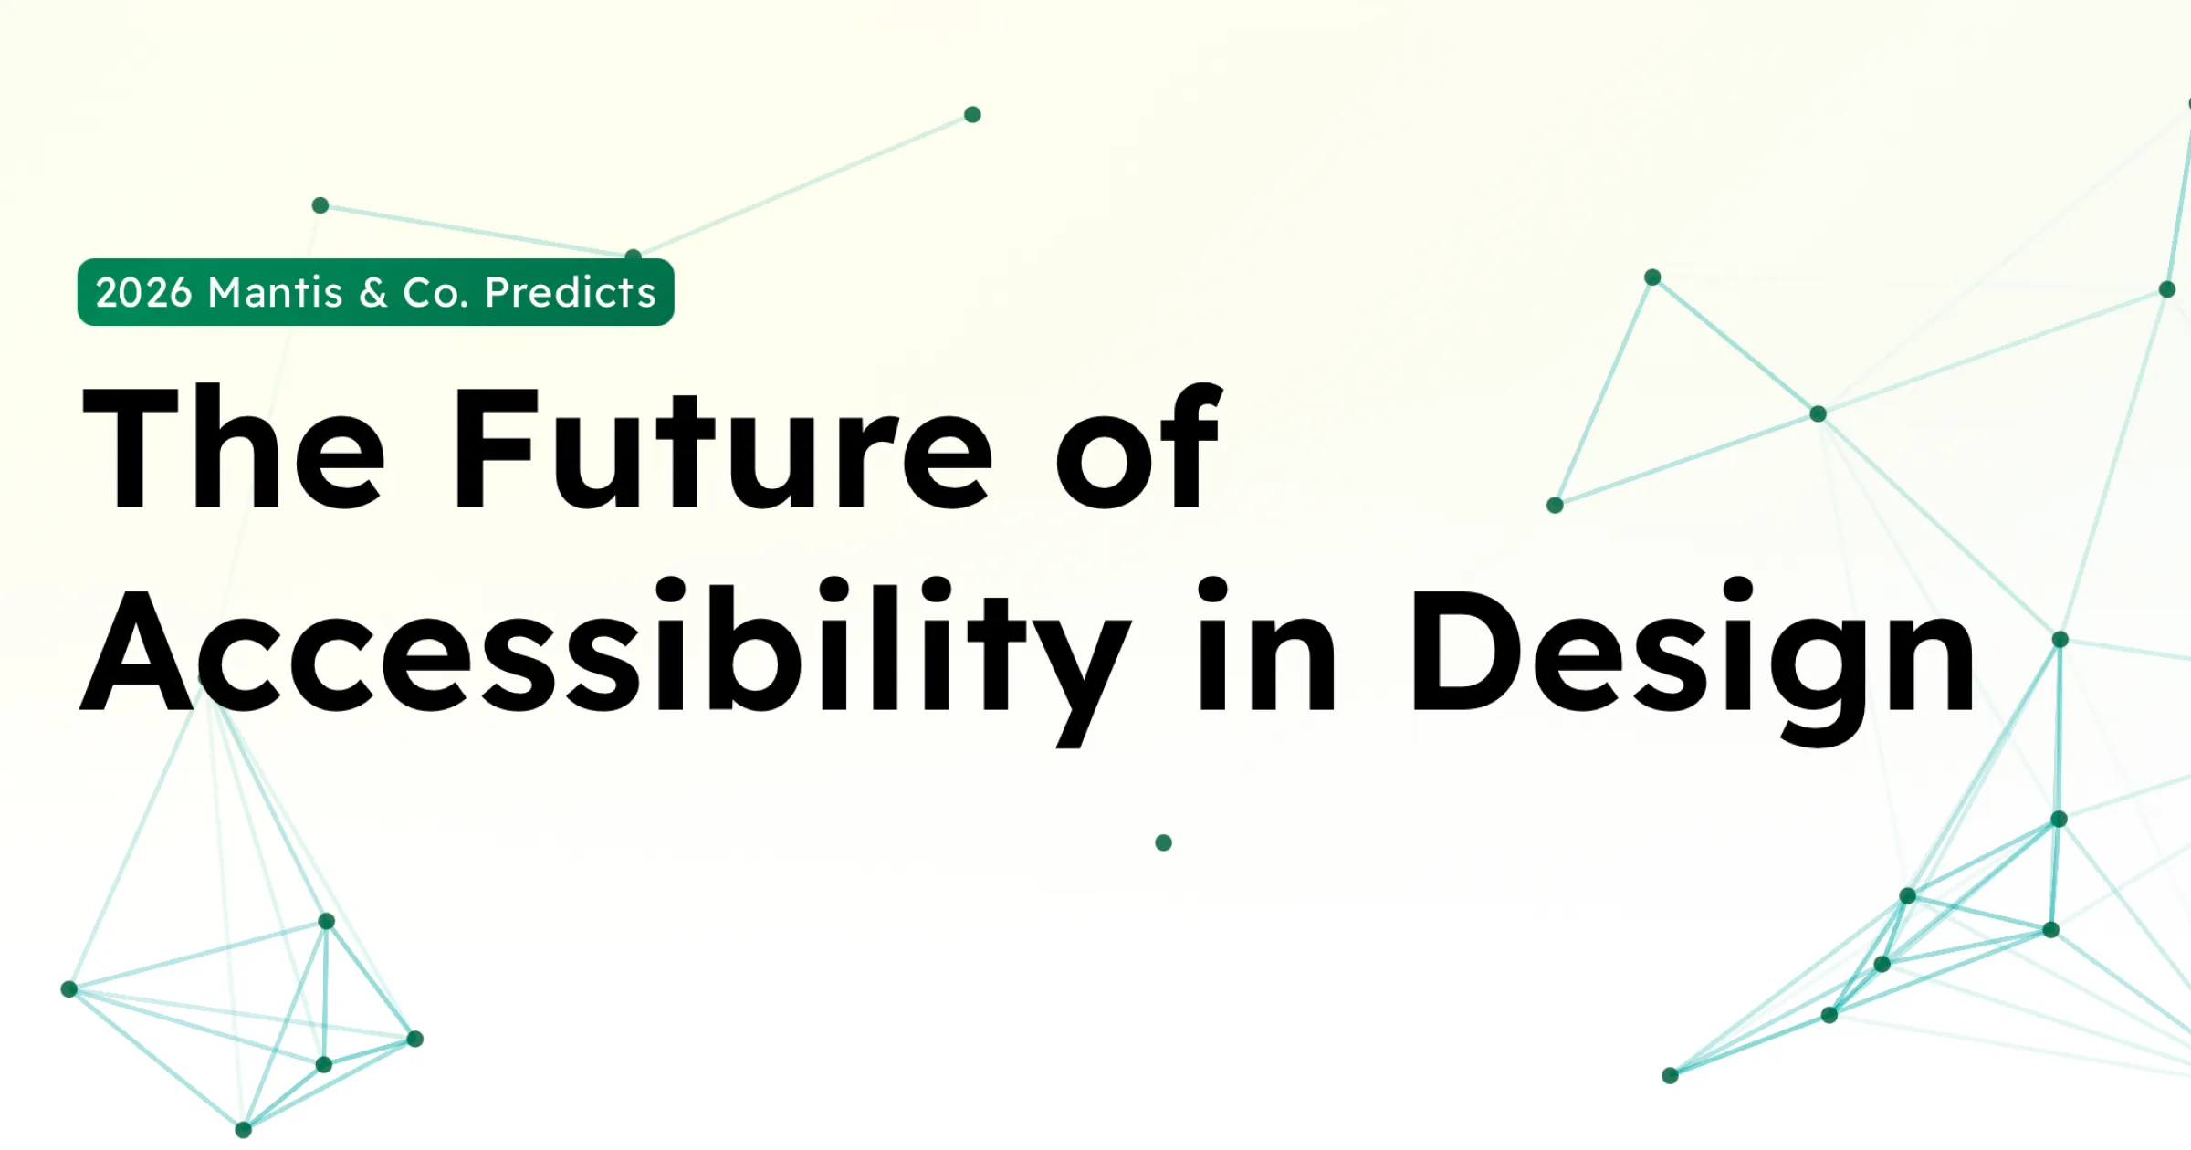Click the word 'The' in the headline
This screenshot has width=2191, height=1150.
pyautogui.click(x=233, y=446)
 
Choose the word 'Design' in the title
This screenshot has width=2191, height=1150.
pyautogui.click(x=1693, y=661)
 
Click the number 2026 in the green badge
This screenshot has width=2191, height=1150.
pyautogui.click(x=144, y=293)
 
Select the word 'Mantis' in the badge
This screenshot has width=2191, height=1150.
pyautogui.click(x=276, y=292)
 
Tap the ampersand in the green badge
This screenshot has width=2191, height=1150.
pyautogui.click(x=373, y=293)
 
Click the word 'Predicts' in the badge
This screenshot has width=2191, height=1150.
pyautogui.click(x=571, y=292)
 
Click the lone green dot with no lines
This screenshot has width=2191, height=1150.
pyautogui.click(x=1163, y=842)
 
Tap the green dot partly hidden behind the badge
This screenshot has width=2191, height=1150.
pyautogui.click(x=634, y=254)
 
